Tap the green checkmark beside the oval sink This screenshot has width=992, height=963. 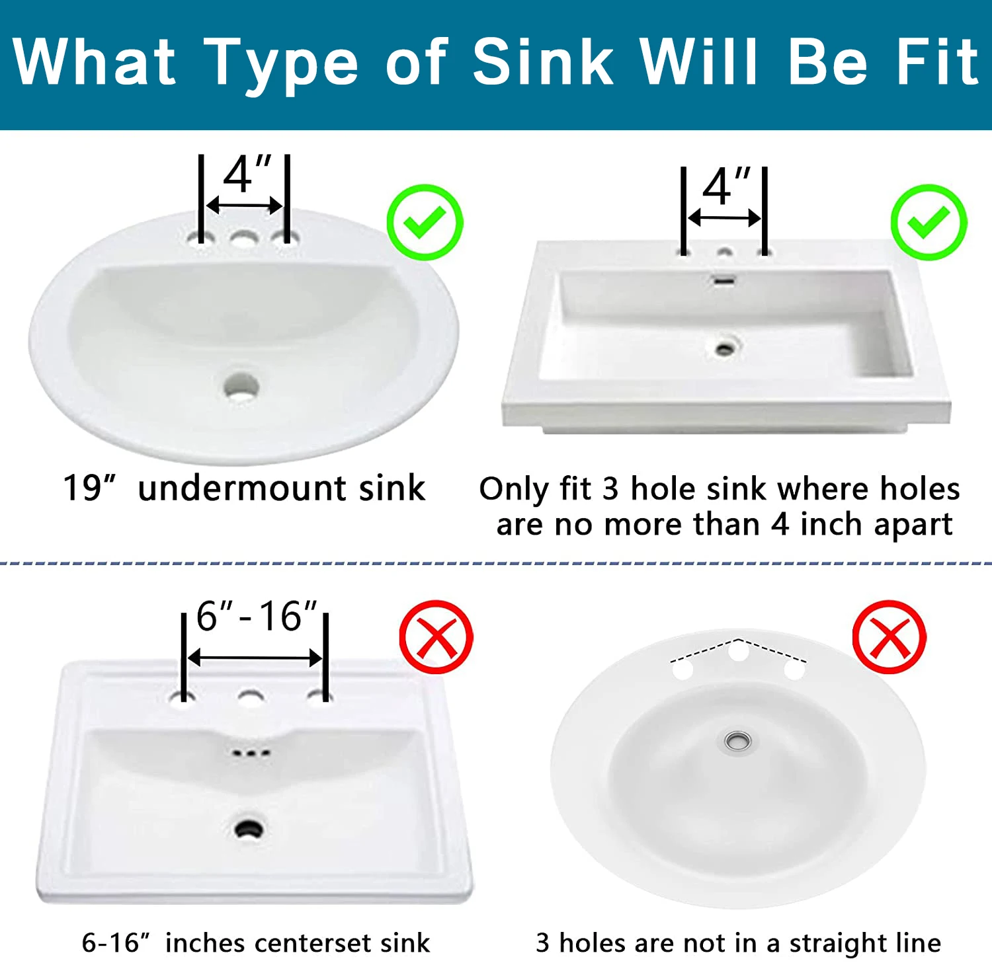pyautogui.click(x=425, y=222)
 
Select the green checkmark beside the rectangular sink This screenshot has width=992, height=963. pyautogui.click(x=929, y=222)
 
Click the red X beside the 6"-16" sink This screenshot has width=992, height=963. pyautogui.click(x=436, y=637)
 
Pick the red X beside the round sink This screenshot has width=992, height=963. pyautogui.click(x=889, y=637)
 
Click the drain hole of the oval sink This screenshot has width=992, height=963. pyautogui.click(x=241, y=386)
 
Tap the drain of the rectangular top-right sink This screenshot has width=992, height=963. pyautogui.click(x=725, y=348)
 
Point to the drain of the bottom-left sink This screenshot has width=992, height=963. pyautogui.click(x=249, y=829)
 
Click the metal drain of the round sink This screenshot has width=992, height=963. pyautogui.click(x=737, y=742)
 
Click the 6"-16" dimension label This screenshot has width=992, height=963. pyautogui.click(x=257, y=616)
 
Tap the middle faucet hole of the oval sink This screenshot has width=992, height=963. pyautogui.click(x=244, y=238)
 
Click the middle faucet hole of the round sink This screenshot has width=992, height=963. pyautogui.click(x=738, y=652)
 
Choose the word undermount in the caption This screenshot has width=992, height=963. pyautogui.click(x=242, y=488)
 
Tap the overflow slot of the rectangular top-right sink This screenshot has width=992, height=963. pyautogui.click(x=724, y=281)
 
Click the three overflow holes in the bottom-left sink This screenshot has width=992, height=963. pyautogui.click(x=251, y=753)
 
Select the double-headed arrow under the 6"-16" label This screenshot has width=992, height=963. pyautogui.click(x=255, y=658)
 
